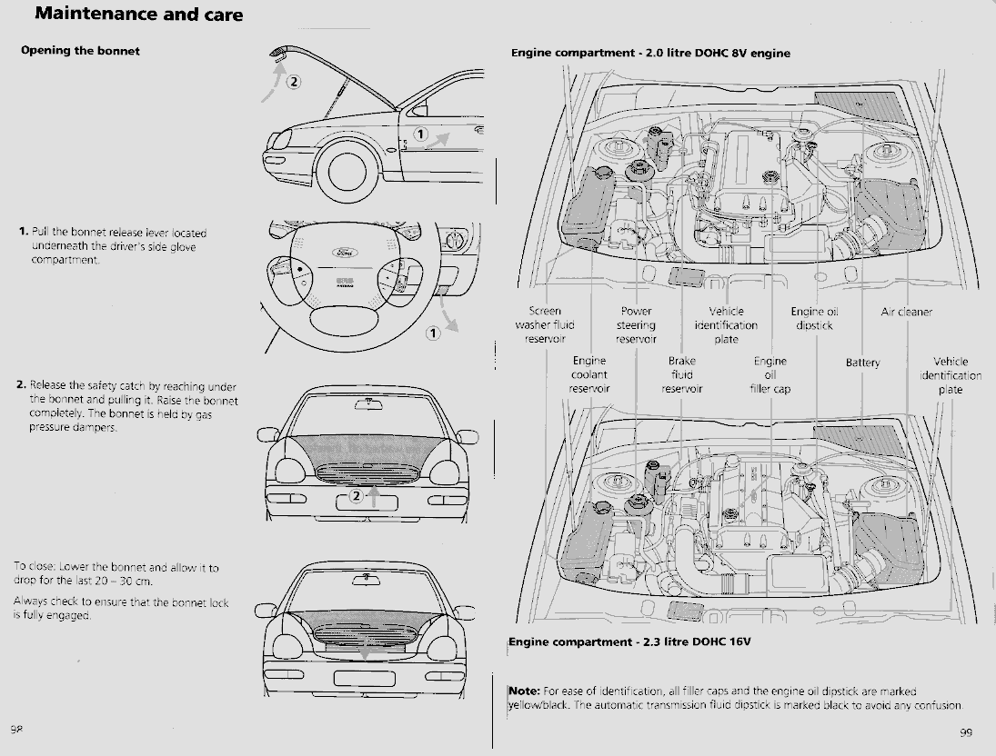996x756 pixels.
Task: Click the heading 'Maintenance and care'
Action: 138,15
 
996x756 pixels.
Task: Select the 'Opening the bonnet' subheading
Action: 80,51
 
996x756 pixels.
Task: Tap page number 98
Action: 16,730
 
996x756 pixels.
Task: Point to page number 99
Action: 966,732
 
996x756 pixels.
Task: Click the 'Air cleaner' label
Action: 906,312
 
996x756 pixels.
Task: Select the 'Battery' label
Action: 862,363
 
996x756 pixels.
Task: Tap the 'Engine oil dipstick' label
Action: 814,318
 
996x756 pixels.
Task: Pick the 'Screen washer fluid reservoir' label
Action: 545,325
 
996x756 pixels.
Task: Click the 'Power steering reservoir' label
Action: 636,325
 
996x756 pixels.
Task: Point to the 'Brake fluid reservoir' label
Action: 681,374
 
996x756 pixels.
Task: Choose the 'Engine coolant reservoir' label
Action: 589,374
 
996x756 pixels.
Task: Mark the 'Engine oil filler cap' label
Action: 770,374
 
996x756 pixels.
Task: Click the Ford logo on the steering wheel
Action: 344,252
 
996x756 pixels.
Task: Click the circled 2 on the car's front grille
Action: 357,496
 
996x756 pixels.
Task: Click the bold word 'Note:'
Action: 525,691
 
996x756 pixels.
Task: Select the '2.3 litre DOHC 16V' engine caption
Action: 629,642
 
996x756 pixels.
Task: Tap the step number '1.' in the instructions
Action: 23,233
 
